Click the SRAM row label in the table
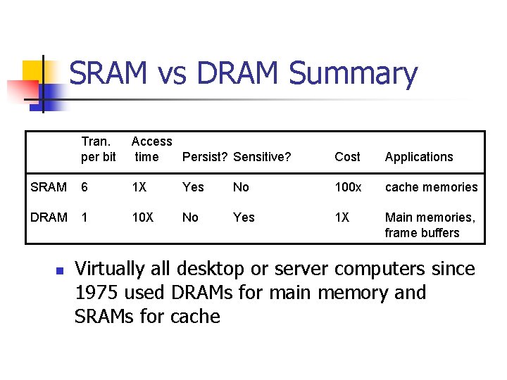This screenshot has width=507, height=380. (x=49, y=187)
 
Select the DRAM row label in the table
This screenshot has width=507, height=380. (x=49, y=217)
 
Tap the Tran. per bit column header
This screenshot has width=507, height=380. (x=99, y=149)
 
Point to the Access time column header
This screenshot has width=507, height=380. (x=151, y=149)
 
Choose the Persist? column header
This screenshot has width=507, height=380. (x=204, y=157)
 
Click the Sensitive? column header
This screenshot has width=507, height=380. (x=262, y=157)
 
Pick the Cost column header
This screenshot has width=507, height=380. (x=347, y=157)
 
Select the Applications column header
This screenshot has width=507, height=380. (x=419, y=157)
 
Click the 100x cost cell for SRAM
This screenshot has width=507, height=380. (x=348, y=187)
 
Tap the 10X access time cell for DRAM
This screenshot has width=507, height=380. (x=142, y=217)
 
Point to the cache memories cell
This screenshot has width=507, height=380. (x=431, y=187)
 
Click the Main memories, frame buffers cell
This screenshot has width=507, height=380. (x=430, y=225)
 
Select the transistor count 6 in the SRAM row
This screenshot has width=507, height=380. (x=84, y=187)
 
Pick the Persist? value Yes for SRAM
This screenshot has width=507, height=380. (x=193, y=187)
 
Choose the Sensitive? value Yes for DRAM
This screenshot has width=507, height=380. (x=244, y=217)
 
